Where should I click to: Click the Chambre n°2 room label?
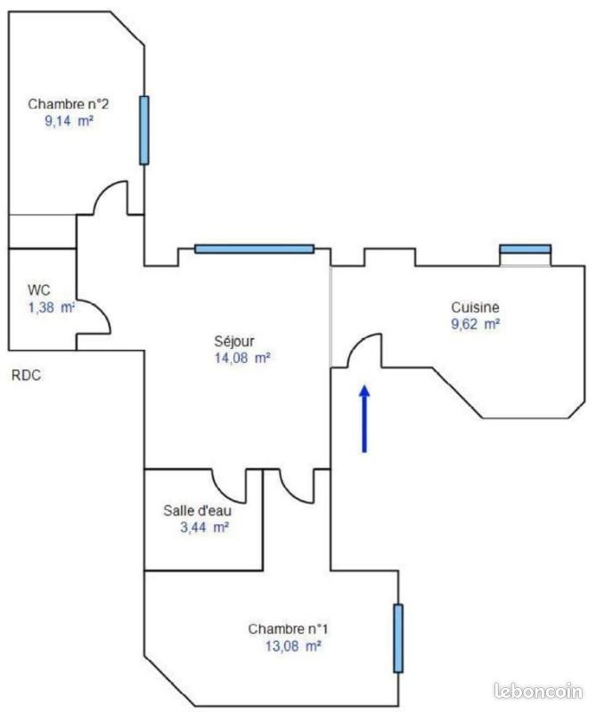pyautogui.click(x=69, y=104)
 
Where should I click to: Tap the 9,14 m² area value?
pyautogui.click(x=69, y=121)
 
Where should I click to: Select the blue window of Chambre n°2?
pyautogui.click(x=144, y=130)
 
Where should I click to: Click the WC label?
pyautogui.click(x=38, y=290)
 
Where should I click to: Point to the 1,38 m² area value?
pyautogui.click(x=52, y=307)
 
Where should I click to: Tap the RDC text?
pyautogui.click(x=27, y=376)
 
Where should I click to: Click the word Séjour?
pyautogui.click(x=234, y=341)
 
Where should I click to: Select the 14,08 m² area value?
pyautogui.click(x=242, y=359)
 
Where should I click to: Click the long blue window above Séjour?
pyautogui.click(x=254, y=249)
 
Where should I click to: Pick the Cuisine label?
pyautogui.click(x=475, y=307)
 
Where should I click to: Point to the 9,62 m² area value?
pyautogui.click(x=476, y=324)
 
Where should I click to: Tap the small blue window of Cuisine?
pyautogui.click(x=525, y=249)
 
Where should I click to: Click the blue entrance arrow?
pyautogui.click(x=364, y=418)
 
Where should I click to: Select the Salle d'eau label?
pyautogui.click(x=197, y=510)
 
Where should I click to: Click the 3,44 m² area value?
pyautogui.click(x=204, y=528)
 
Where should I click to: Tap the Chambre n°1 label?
pyautogui.click(x=288, y=629)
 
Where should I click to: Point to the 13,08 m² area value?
pyautogui.click(x=293, y=646)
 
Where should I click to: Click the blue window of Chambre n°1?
pyautogui.click(x=398, y=638)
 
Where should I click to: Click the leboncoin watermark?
pyautogui.click(x=538, y=692)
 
